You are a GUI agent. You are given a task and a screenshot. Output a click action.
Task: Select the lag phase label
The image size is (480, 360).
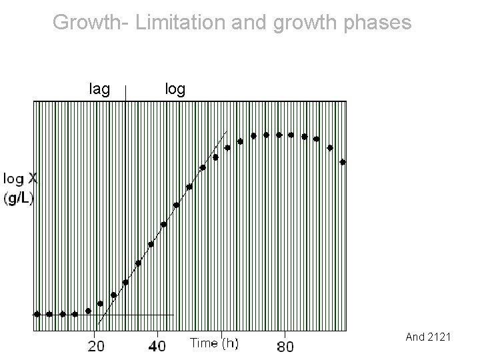(99, 88)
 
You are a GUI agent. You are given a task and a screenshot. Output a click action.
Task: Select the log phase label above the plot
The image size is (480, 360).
(175, 88)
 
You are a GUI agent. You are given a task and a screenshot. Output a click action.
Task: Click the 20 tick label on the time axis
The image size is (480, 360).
(96, 346)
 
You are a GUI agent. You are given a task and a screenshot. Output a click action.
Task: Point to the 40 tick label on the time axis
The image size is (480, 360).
(157, 346)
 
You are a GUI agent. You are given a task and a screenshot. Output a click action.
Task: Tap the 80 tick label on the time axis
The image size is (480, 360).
(285, 346)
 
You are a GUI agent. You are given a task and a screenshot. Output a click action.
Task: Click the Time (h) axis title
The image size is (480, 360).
(214, 343)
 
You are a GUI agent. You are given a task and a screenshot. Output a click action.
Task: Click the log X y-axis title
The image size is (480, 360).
(20, 179)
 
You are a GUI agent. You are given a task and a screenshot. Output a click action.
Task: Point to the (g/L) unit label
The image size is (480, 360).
(19, 198)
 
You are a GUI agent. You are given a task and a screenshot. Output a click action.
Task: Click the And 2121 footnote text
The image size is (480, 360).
(428, 337)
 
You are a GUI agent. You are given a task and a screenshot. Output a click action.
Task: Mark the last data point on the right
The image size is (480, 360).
(343, 162)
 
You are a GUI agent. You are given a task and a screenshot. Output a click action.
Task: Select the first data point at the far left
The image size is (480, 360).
(37, 313)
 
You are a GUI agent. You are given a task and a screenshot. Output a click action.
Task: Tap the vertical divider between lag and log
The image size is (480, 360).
(126, 93)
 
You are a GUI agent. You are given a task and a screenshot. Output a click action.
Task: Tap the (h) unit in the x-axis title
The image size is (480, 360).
(230, 343)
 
